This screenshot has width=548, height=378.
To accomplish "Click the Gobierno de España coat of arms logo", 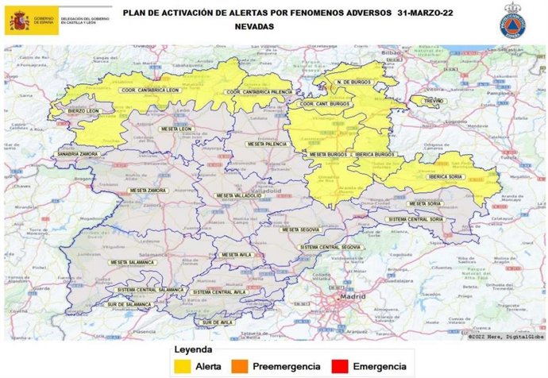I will [x=18, y=21].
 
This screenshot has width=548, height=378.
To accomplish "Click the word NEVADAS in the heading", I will [x=256, y=26].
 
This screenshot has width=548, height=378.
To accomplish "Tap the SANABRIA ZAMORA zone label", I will [x=77, y=153].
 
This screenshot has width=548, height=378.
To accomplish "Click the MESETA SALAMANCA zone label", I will [x=132, y=262].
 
